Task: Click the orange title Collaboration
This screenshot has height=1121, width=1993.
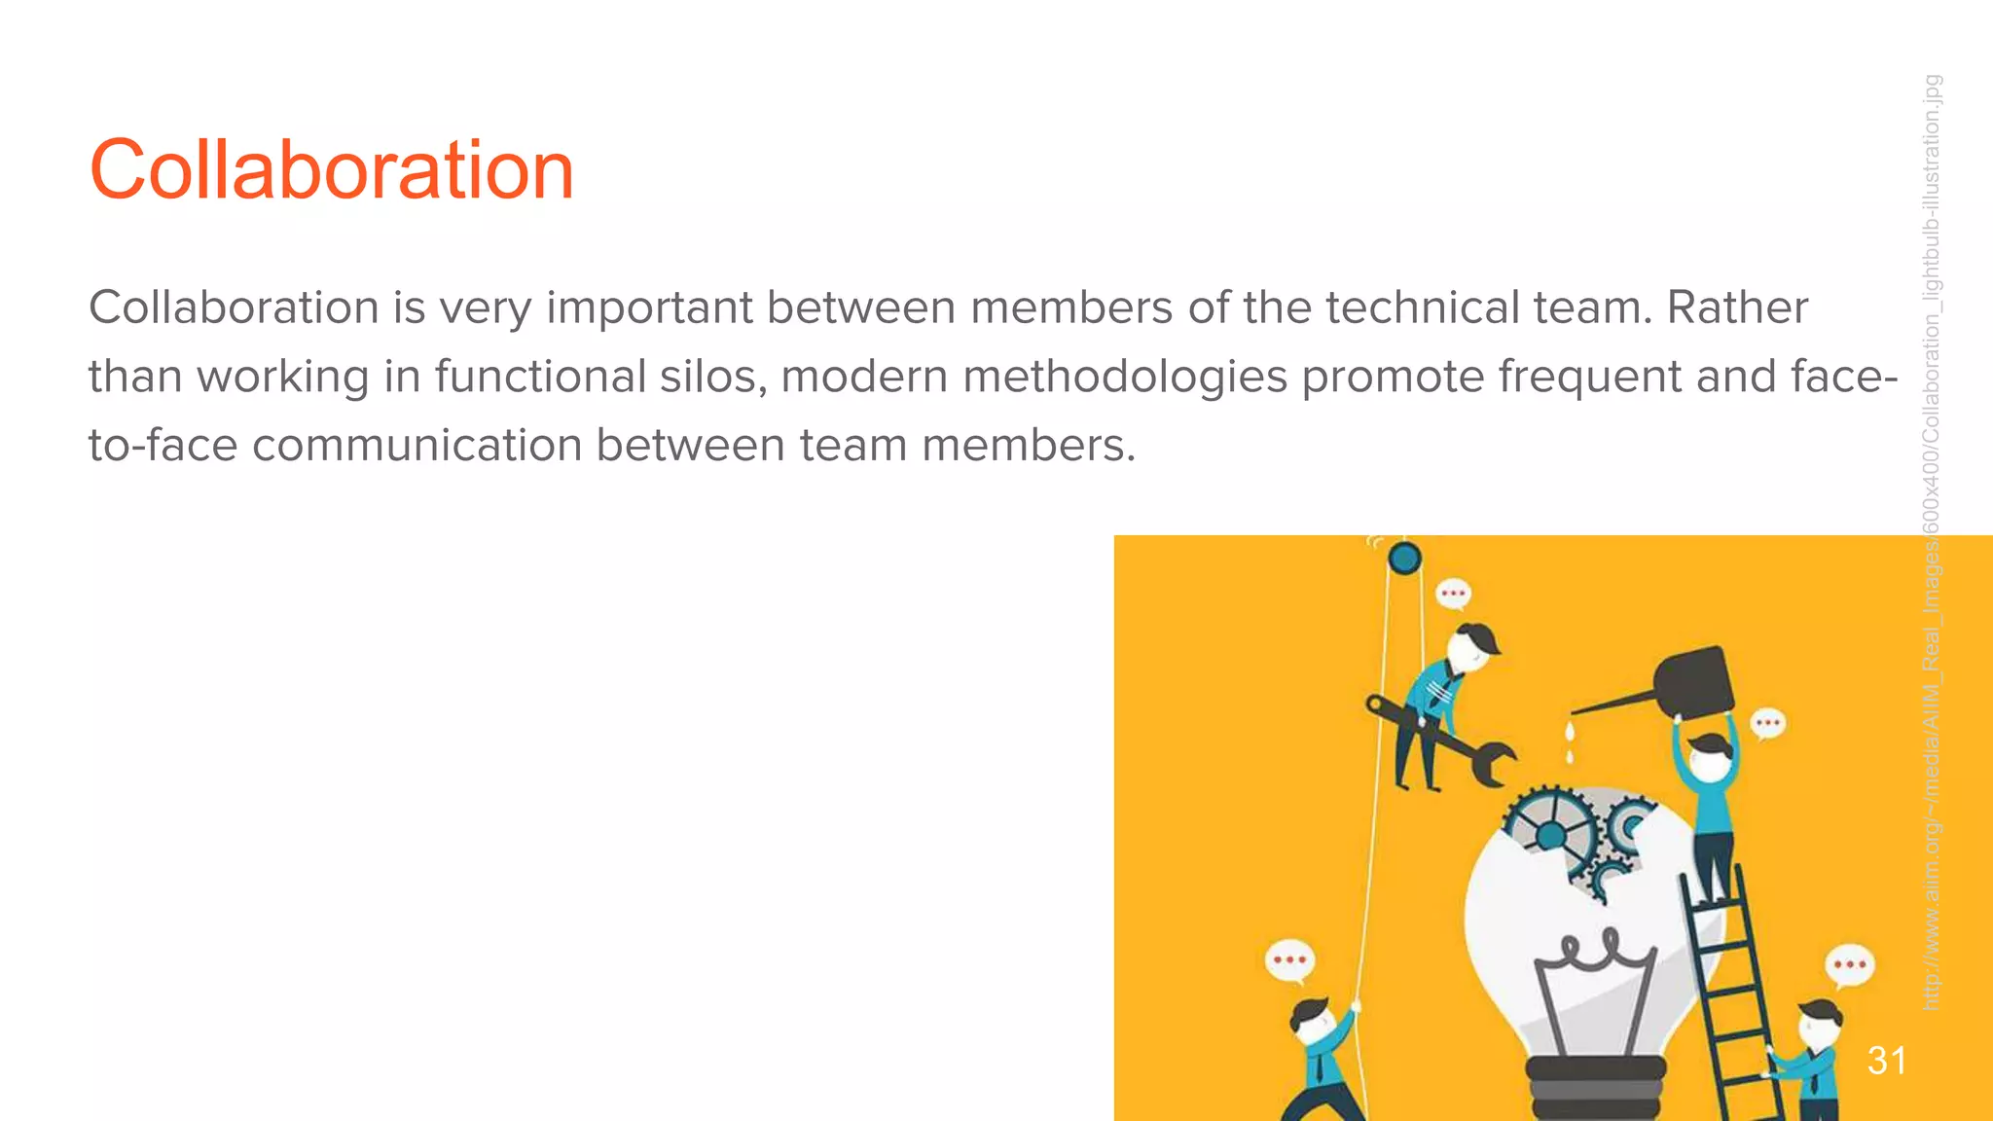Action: click(331, 170)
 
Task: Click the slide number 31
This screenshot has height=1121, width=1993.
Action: click(1886, 1061)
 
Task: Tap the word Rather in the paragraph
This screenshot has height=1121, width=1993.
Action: click(1737, 308)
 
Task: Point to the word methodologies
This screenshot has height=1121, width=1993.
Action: click(1125, 377)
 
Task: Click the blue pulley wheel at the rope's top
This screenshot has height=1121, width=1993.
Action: click(1404, 559)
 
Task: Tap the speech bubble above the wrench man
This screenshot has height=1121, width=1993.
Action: click(1453, 593)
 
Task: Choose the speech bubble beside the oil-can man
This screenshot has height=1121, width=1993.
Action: click(1767, 724)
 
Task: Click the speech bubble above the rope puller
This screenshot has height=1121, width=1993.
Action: click(1289, 960)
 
